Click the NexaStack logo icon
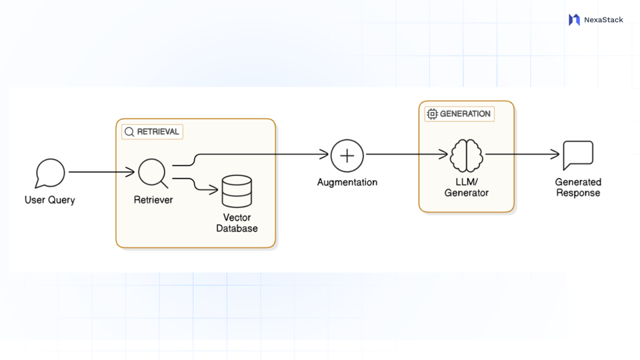[x=574, y=20]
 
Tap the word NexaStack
[x=603, y=20]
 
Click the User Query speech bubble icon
[x=50, y=173]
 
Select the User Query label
[x=50, y=200]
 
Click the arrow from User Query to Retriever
[x=100, y=172]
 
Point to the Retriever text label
[x=153, y=200]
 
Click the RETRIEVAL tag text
[x=158, y=132]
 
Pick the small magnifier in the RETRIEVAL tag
[x=129, y=132]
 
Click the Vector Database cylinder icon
[x=237, y=191]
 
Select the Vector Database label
[x=237, y=223]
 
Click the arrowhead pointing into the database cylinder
[x=214, y=191]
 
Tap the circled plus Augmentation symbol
[x=347, y=156]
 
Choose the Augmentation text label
[x=347, y=182]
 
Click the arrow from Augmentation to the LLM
[x=407, y=155]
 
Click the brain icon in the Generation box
[x=466, y=156]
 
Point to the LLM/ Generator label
[x=467, y=187]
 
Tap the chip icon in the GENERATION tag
[x=432, y=114]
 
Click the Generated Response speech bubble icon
[x=578, y=155]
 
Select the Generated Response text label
[x=578, y=187]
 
